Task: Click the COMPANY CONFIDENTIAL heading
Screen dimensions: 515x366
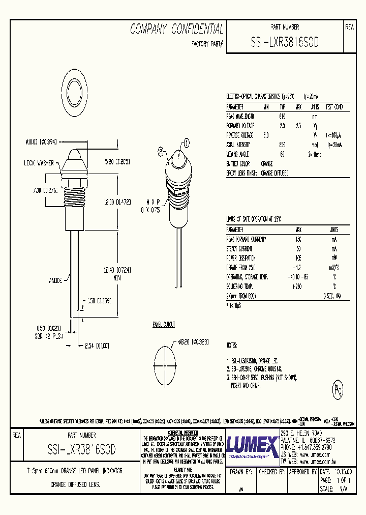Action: click(x=176, y=29)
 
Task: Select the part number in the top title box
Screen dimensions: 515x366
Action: click(x=284, y=43)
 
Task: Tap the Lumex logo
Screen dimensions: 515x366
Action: click(x=252, y=447)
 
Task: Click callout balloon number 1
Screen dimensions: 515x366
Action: click(x=186, y=143)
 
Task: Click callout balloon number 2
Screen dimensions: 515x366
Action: click(x=161, y=151)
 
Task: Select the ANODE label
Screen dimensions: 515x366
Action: click(x=56, y=280)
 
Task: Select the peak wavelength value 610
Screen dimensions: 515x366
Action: click(x=283, y=116)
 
